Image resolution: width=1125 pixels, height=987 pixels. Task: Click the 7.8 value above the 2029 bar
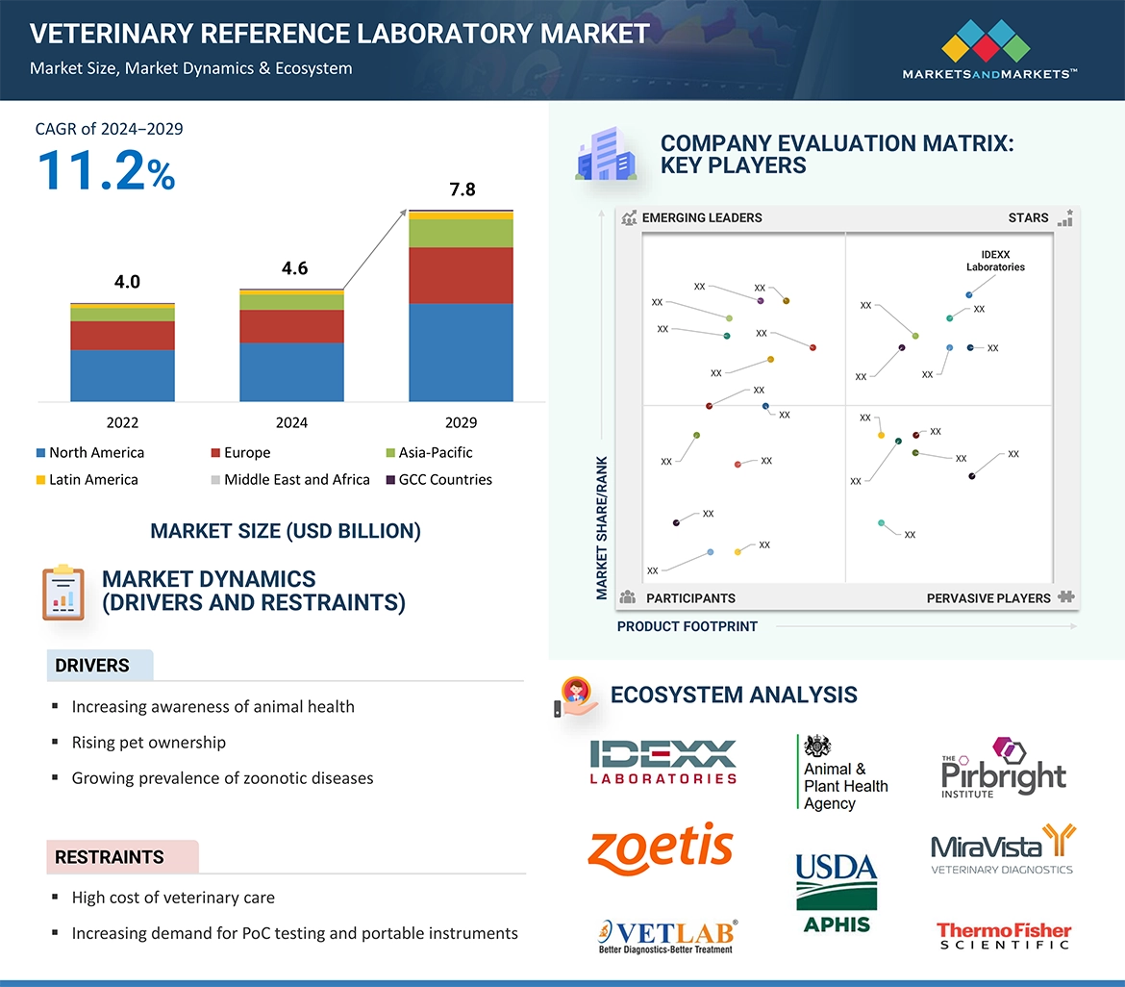pos(462,190)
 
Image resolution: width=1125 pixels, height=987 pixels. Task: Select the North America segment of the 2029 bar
pos(461,352)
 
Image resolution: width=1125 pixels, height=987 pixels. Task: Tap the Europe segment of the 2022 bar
pos(122,336)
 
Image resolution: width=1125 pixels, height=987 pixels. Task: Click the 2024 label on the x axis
pos(291,422)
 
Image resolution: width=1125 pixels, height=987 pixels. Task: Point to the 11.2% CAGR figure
pos(106,170)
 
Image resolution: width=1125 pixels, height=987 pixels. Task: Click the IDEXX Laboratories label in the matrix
pos(995,261)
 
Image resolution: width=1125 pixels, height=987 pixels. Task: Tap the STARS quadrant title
pos(1028,218)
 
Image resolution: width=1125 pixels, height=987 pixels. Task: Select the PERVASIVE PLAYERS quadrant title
pos(988,598)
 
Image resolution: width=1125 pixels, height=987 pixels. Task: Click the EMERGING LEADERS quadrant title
pos(702,218)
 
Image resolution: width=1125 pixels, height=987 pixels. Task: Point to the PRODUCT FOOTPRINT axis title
pos(687,626)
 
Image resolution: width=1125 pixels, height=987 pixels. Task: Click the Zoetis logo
pos(661,846)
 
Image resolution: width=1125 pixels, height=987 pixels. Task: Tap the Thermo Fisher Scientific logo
pos(1004,935)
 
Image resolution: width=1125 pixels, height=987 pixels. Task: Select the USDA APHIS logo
pos(836,893)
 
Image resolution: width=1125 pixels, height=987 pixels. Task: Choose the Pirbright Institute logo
pos(1003,770)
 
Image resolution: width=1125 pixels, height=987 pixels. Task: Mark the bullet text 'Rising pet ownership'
pos(149,743)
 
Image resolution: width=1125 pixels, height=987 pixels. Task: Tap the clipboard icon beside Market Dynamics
pos(63,593)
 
